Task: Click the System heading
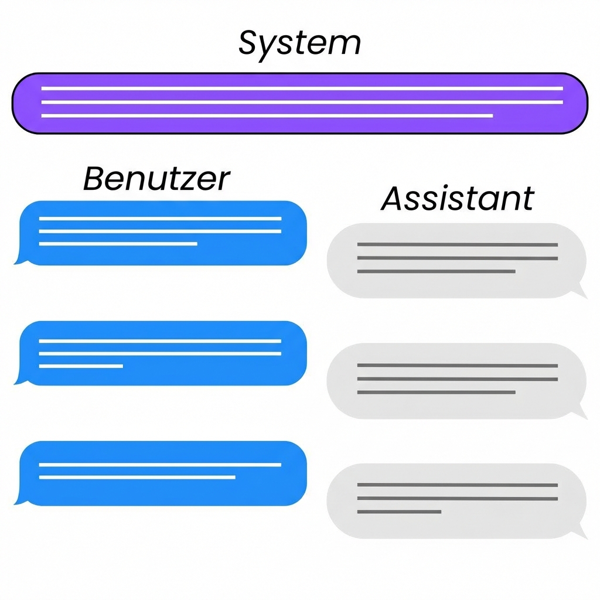pyautogui.click(x=299, y=43)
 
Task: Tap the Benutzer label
pyautogui.click(x=156, y=178)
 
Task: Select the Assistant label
pyautogui.click(x=457, y=199)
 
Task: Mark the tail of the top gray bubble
pyautogui.click(x=581, y=292)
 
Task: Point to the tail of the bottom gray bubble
pyautogui.click(x=581, y=532)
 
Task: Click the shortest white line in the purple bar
pyautogui.click(x=267, y=116)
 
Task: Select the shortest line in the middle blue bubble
pyautogui.click(x=81, y=366)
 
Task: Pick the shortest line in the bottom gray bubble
pyautogui.click(x=399, y=512)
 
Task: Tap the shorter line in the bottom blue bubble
pyautogui.click(x=137, y=478)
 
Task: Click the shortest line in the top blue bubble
pyautogui.click(x=118, y=244)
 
